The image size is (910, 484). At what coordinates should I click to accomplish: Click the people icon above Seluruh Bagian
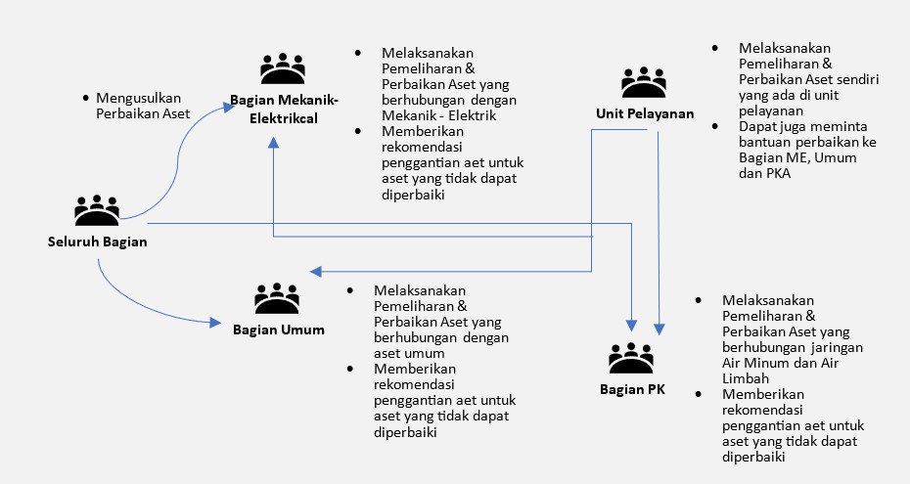click(97, 210)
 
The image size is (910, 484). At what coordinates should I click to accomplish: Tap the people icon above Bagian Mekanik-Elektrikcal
click(284, 67)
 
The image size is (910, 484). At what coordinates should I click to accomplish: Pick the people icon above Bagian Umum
click(277, 298)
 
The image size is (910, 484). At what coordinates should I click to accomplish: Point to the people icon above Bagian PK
click(631, 358)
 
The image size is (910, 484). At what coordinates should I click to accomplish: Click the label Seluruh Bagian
click(97, 242)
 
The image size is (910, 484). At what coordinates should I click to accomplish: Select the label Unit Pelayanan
click(645, 113)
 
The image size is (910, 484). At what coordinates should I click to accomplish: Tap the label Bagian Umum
click(278, 330)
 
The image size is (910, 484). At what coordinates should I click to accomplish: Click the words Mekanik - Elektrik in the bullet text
click(424, 116)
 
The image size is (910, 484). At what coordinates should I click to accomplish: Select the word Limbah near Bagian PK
click(745, 378)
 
